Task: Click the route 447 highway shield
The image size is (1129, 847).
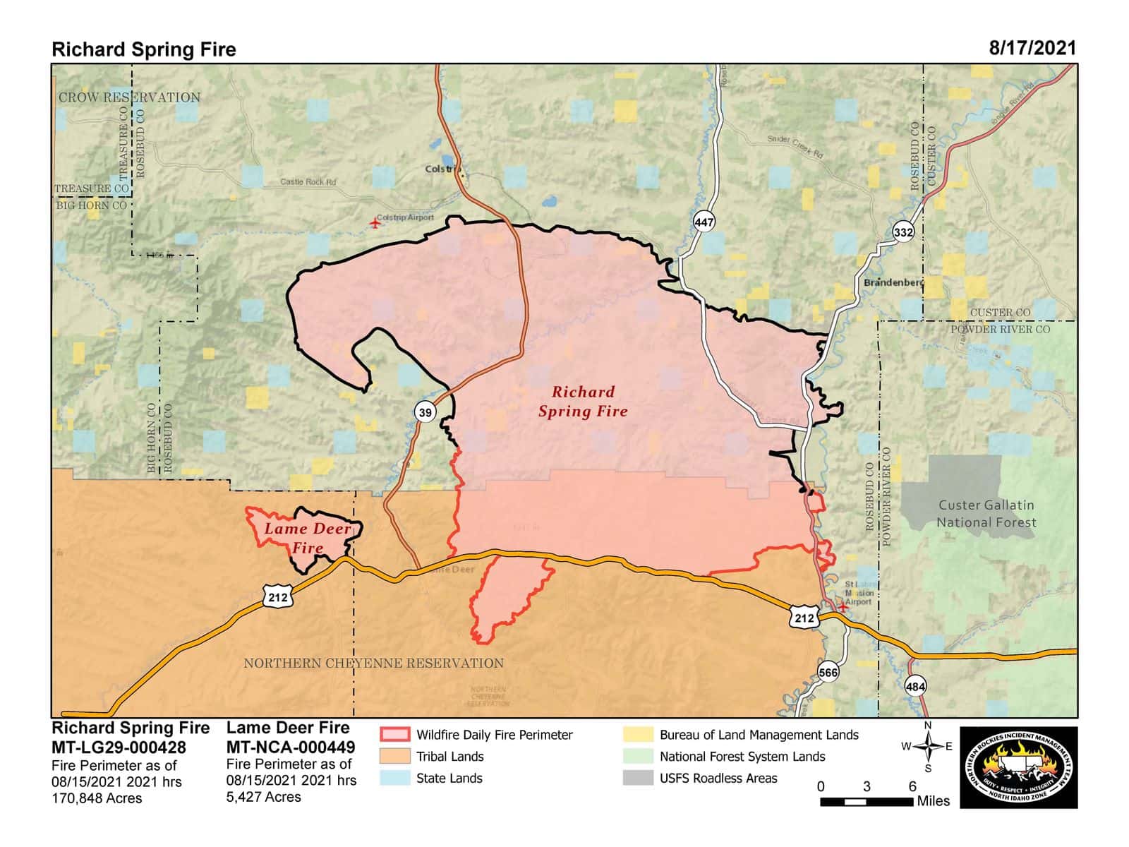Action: point(704,222)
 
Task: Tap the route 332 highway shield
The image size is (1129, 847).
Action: point(903,232)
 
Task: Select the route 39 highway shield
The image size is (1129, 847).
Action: point(425,412)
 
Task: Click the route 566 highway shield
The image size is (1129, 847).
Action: point(828,672)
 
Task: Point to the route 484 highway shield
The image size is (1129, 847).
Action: point(915,686)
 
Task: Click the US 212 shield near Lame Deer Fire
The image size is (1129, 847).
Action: point(278,597)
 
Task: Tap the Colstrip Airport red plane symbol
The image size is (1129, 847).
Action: point(375,223)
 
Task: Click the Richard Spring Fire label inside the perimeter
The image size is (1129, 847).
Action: point(583,402)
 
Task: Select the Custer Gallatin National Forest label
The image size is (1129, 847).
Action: point(986,514)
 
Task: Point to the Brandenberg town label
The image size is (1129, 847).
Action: point(893,282)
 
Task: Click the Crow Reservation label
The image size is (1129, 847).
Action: point(129,97)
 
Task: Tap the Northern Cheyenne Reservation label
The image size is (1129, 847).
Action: point(373,663)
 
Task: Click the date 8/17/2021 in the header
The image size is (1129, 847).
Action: point(1032,48)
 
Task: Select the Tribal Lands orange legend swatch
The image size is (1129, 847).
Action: point(394,756)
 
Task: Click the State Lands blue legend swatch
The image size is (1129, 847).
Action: point(394,778)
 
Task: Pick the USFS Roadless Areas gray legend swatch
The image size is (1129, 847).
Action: point(638,778)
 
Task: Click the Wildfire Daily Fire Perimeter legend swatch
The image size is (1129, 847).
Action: point(394,734)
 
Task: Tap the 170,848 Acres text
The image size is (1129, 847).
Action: point(97,798)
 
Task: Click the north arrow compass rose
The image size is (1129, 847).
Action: point(928,747)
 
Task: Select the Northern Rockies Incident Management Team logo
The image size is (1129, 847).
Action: point(1020,767)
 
